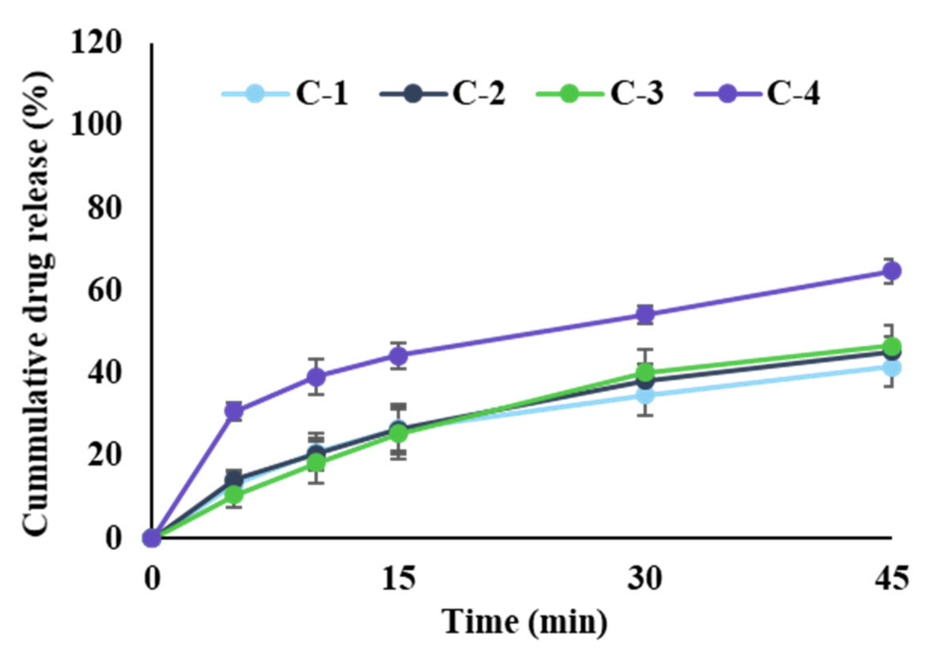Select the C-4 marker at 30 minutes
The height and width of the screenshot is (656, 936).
[645, 315]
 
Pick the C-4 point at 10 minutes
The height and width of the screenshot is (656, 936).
[316, 377]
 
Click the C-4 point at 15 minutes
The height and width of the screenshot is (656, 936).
[399, 355]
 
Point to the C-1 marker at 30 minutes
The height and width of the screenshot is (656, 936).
[645, 395]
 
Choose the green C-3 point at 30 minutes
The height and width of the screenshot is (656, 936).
[645, 372]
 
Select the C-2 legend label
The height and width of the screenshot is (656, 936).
[479, 93]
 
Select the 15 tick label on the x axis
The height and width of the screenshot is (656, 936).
[399, 578]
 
